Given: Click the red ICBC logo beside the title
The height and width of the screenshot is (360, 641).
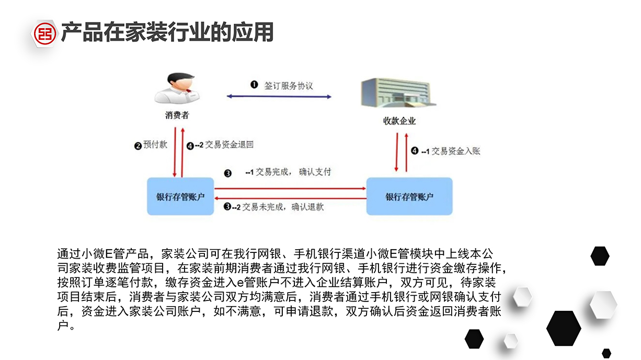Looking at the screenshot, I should [45, 33].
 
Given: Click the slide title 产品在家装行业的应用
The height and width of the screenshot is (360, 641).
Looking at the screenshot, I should [167, 32].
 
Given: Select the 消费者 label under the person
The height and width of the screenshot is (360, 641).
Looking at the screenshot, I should [177, 116].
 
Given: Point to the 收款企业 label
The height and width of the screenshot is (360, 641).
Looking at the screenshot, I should [399, 121].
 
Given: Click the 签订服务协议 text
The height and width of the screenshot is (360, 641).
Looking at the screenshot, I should [288, 85].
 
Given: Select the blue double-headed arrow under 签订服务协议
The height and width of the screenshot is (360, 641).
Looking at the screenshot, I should [279, 97].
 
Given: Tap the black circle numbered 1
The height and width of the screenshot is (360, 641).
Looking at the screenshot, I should [254, 85].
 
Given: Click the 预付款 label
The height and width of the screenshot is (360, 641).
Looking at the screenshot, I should [155, 145].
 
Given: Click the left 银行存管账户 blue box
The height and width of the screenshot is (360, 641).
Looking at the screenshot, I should [180, 196].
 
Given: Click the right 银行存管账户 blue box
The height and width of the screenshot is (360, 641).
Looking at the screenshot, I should [409, 196].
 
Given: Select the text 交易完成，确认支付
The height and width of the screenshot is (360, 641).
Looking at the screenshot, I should [293, 172].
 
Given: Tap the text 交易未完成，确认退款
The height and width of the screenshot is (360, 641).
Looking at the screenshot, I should [283, 207].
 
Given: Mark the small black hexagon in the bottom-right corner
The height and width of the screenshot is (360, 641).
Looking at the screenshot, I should [606, 353].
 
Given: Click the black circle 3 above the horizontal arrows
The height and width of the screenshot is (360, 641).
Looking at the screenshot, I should [227, 173].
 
